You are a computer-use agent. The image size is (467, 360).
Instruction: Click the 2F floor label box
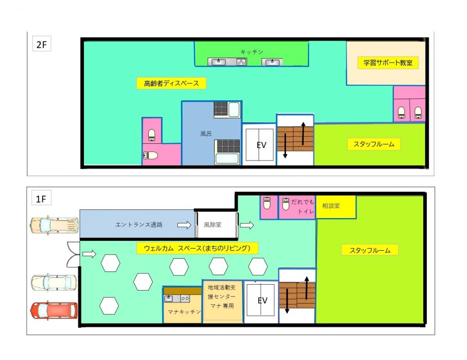coord(42,44)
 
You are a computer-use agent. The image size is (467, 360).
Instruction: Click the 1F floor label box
coord(42,198)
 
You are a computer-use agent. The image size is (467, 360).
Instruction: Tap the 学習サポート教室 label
coord(388,63)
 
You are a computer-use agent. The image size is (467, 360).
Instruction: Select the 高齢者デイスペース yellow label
coord(171,83)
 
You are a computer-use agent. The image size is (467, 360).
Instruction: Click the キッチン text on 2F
coord(252,52)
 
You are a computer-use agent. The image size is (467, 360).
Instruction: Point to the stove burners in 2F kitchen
coord(241,62)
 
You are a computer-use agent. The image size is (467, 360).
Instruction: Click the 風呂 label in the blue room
coord(206,134)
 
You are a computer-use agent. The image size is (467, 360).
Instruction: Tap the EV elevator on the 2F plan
coord(259,145)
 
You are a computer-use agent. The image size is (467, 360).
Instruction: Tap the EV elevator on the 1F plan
coord(260,300)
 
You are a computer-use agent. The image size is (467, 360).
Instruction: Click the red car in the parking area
coord(54,310)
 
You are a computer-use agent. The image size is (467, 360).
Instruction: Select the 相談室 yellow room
coord(336,207)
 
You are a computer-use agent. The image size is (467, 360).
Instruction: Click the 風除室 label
coord(213,224)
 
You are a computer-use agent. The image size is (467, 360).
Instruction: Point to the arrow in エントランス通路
coord(184,224)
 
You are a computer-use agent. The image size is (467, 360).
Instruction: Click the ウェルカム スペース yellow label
coord(197,248)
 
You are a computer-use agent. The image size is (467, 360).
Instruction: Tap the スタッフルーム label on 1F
coord(369,250)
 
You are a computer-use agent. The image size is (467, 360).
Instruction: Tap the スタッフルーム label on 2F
coord(374,144)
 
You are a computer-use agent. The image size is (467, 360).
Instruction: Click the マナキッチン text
coord(184,312)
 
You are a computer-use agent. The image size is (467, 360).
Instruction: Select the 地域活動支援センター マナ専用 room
coord(222,301)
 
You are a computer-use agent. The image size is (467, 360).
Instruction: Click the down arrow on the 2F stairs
coord(285,146)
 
